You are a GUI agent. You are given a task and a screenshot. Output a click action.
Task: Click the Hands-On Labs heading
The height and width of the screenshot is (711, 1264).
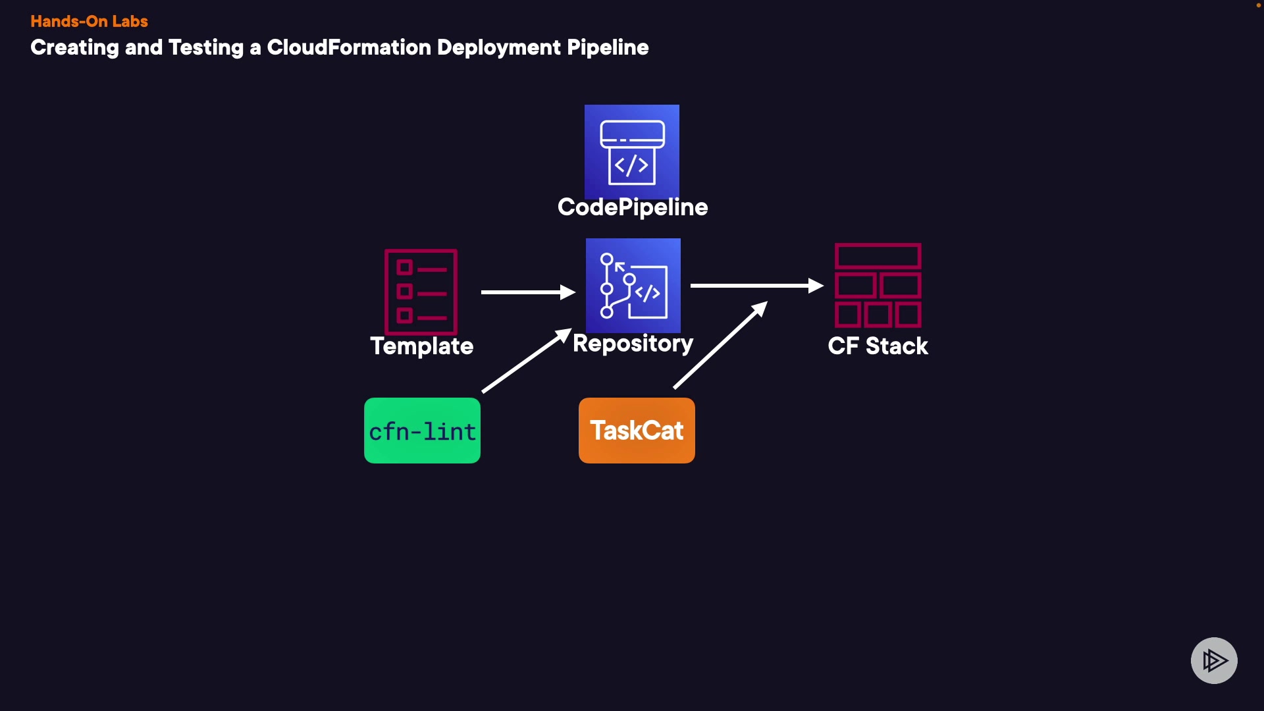point(89,21)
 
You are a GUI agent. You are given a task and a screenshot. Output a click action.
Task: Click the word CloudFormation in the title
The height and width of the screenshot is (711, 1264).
point(348,47)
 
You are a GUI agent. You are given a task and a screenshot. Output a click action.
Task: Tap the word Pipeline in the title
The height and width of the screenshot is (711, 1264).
point(608,47)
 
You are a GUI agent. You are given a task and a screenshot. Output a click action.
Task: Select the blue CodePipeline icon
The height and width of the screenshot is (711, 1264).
point(632,151)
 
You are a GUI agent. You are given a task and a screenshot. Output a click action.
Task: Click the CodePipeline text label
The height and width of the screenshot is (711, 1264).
point(633,207)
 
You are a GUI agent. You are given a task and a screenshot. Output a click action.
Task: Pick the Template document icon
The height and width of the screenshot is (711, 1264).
point(421,292)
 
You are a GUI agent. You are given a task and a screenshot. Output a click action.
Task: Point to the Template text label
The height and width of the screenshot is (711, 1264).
point(422,346)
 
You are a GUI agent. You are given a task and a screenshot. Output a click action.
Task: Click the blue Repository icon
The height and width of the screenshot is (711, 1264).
point(633,286)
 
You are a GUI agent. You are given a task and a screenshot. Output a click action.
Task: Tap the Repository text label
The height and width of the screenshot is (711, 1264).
point(633,344)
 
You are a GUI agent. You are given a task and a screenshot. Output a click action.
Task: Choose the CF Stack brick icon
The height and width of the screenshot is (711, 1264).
point(878,285)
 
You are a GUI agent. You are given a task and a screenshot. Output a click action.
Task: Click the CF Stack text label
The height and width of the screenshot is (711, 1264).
point(878,346)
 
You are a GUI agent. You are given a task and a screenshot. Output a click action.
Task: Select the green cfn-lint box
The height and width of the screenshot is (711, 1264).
point(422,431)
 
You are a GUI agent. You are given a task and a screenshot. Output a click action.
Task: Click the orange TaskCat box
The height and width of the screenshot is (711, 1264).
point(637,431)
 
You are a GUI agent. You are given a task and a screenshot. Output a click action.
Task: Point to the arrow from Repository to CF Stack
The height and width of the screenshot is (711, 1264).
point(756,286)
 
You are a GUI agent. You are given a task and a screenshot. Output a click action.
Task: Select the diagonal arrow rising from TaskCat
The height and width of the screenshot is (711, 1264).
point(720,345)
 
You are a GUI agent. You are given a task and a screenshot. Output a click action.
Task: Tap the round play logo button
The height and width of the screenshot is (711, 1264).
point(1214,660)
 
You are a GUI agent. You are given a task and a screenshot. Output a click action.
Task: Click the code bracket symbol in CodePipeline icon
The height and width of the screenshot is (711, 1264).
point(632,165)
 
